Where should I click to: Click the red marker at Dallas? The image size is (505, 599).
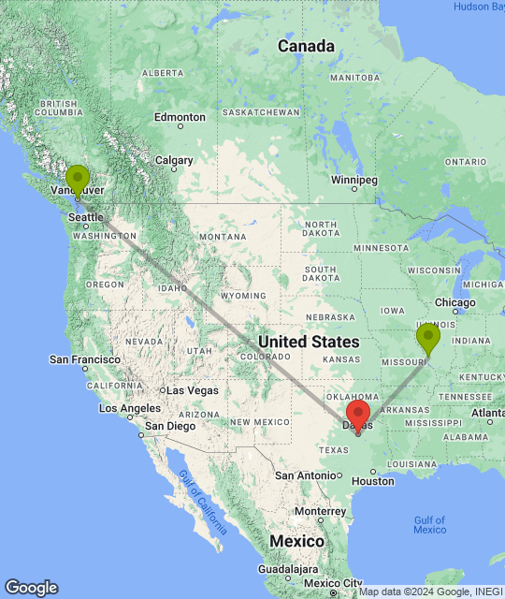tap(357, 415)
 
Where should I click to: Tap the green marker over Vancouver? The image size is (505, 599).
tap(77, 178)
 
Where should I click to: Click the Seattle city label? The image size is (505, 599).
tap(86, 217)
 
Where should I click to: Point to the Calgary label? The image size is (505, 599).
tap(175, 160)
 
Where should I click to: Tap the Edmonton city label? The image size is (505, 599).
tap(180, 117)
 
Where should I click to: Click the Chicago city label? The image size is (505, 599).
tap(456, 302)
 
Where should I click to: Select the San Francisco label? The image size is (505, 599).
tap(84, 358)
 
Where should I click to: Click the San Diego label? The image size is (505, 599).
tap(168, 426)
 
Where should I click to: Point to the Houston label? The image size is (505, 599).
tap(374, 481)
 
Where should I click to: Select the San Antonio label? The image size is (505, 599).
tap(306, 475)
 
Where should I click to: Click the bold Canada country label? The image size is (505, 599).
tap(306, 46)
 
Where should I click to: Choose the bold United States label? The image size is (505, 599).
tap(308, 342)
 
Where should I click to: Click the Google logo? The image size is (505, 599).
tap(31, 587)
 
